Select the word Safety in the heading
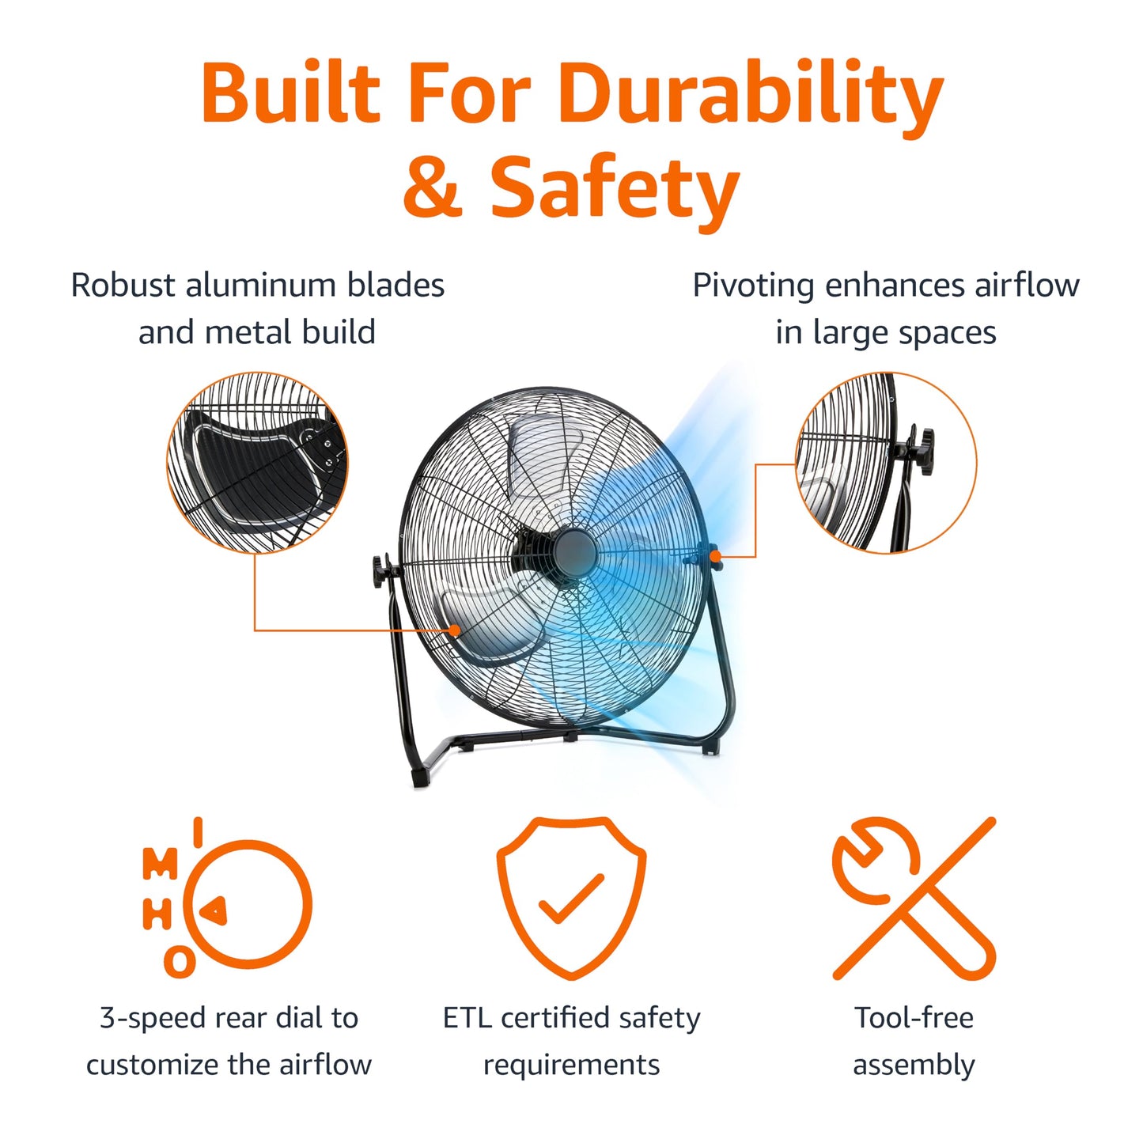tap(615, 188)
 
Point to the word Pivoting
tap(752, 286)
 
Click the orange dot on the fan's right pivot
tap(715, 556)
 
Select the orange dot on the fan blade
tap(455, 630)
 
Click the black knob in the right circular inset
tap(922, 451)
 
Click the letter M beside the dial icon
tap(160, 864)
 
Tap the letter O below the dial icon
tap(180, 963)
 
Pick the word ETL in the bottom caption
tap(467, 1018)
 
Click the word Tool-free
tap(914, 1018)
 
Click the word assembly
tap(914, 1065)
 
